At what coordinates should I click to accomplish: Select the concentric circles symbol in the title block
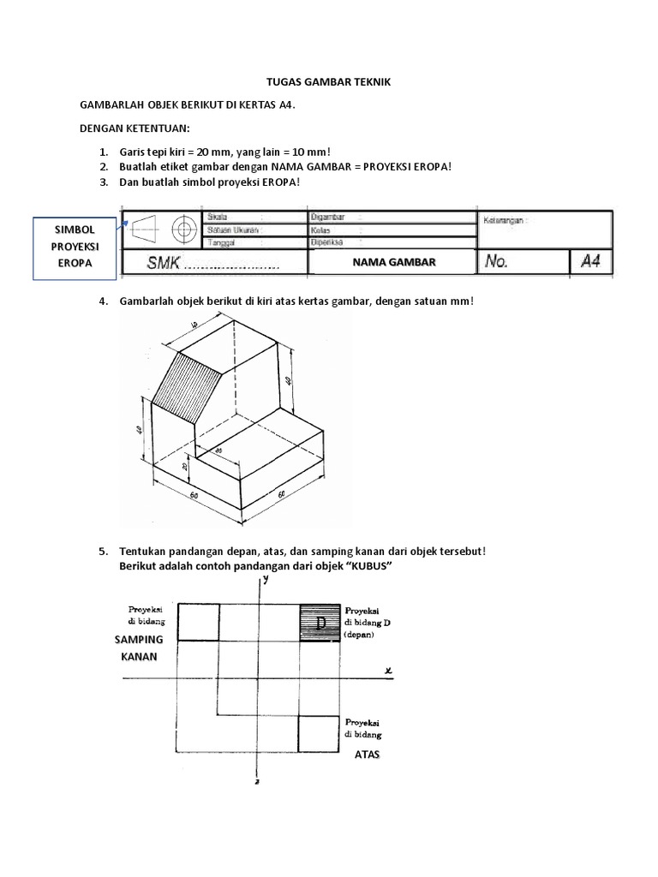(x=182, y=230)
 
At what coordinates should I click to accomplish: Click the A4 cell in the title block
(x=590, y=261)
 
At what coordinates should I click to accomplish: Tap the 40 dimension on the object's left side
(x=140, y=430)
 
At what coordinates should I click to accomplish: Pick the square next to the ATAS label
(x=319, y=733)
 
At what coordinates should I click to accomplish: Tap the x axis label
(x=387, y=671)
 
